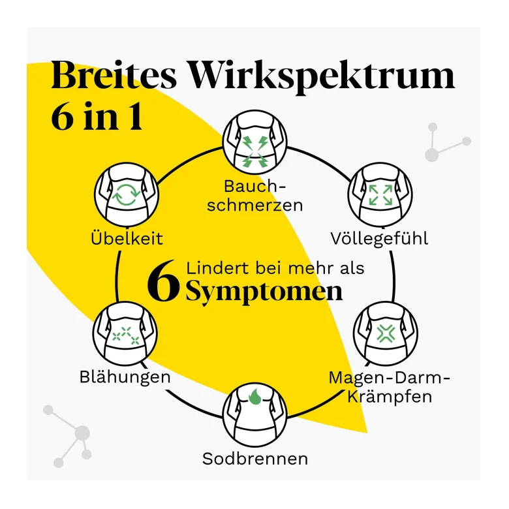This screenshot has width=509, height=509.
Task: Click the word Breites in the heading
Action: pos(114,75)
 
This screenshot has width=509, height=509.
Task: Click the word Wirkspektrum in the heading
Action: pos(322,78)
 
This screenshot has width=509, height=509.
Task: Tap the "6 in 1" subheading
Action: pos(97,117)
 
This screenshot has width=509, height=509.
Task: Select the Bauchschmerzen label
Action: pos(254,196)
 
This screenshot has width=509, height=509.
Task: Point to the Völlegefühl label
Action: pos(379,239)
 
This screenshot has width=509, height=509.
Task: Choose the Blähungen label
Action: pos(125,377)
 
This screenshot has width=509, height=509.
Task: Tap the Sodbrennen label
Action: pos(254,459)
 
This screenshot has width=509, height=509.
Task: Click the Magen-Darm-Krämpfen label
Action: pos(390,387)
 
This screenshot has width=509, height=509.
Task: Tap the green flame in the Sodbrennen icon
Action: pos(254,397)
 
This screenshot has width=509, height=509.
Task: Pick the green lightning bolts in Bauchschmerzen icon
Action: pos(254,151)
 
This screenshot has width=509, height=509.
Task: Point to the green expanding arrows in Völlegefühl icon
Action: pos(380,194)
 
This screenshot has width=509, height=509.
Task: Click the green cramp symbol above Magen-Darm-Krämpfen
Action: pos(386,333)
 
